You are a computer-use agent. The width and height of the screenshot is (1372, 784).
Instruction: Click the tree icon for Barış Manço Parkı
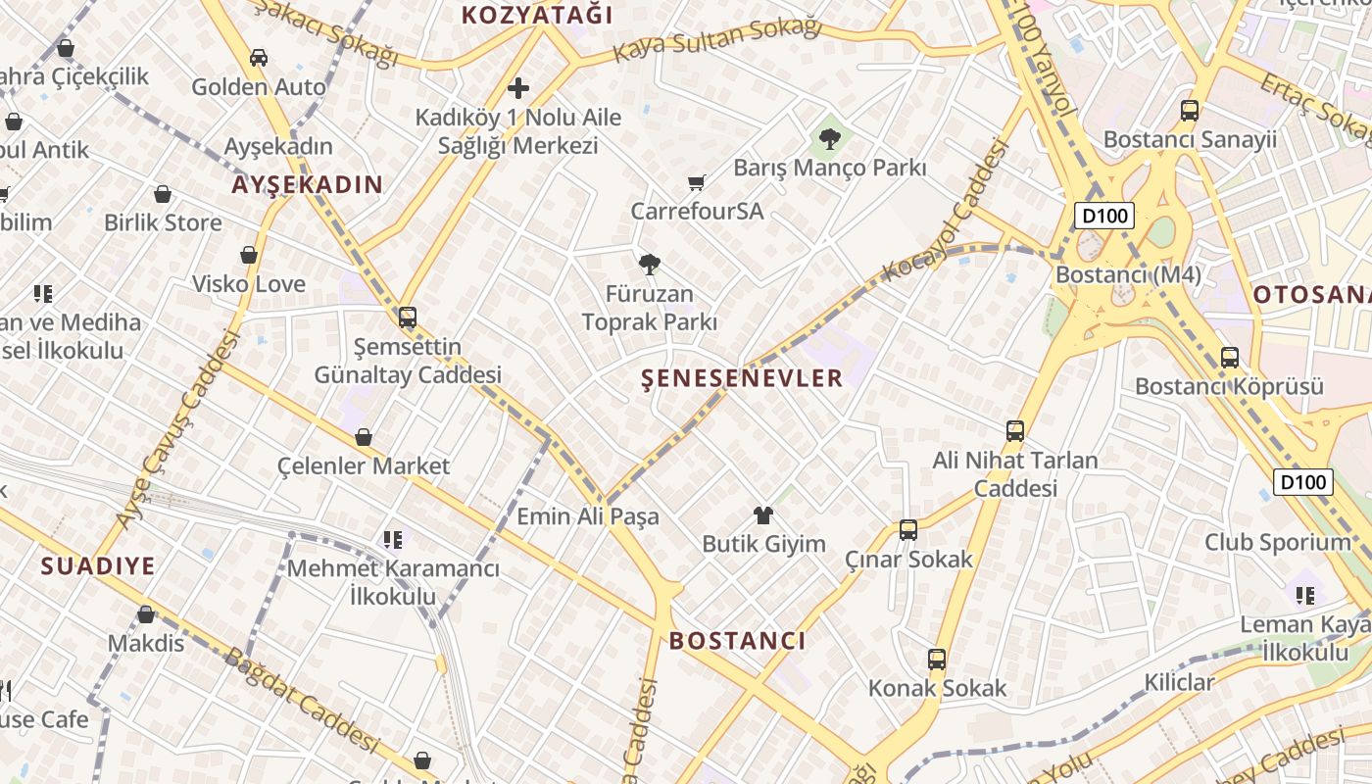[830, 139]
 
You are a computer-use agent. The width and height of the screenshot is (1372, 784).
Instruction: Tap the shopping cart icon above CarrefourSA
[697, 182]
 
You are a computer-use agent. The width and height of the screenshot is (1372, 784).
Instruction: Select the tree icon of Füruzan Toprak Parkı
[649, 264]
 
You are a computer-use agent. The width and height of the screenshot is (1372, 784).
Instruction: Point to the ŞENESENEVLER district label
[742, 378]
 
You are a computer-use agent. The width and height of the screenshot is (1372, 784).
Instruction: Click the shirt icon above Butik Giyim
[763, 515]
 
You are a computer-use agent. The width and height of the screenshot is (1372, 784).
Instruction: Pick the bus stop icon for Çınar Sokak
[908, 530]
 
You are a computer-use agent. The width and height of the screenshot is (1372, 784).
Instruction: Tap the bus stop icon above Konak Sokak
[937, 660]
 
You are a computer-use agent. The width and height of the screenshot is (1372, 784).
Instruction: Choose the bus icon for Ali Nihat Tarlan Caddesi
[1015, 431]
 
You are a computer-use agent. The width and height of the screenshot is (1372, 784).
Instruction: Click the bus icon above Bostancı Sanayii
[1190, 111]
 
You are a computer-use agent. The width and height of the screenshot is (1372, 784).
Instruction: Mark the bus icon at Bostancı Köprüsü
[1230, 358]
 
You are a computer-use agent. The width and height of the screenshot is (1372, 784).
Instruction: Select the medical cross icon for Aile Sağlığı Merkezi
[517, 89]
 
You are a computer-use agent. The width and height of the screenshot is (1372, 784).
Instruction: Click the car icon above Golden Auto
[259, 58]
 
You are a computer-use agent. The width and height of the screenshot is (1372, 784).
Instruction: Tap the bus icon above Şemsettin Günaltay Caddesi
[408, 318]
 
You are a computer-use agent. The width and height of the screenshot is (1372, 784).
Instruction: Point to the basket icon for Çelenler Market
[364, 437]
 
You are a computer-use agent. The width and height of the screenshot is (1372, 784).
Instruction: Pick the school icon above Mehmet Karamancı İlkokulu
[393, 539]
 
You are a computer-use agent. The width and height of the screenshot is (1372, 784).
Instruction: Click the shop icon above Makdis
[146, 614]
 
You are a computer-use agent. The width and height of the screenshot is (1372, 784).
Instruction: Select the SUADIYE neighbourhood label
[98, 565]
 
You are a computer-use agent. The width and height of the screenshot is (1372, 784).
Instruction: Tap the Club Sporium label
[1277, 542]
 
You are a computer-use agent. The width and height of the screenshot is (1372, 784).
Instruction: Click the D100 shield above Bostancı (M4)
[1103, 216]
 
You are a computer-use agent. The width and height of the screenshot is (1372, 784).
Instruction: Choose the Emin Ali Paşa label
[588, 516]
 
